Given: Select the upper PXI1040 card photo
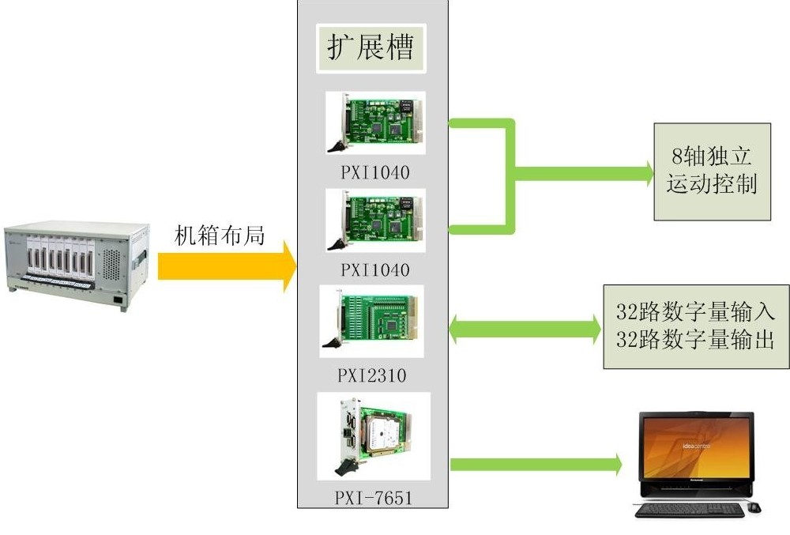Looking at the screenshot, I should (x=375, y=122).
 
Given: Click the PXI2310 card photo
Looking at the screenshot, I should (x=371, y=321).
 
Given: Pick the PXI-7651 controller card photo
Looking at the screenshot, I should (x=373, y=435).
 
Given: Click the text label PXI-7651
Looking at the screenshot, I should (x=373, y=498).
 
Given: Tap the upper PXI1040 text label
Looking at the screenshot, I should (x=375, y=171).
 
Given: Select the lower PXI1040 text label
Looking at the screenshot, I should (x=375, y=270).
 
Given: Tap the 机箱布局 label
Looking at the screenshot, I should (x=219, y=235).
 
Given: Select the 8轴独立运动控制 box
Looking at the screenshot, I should (x=712, y=171).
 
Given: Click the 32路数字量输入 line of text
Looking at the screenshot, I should (x=695, y=311).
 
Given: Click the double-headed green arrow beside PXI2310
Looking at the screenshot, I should (x=525, y=329).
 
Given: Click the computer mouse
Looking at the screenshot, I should (x=754, y=507).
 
